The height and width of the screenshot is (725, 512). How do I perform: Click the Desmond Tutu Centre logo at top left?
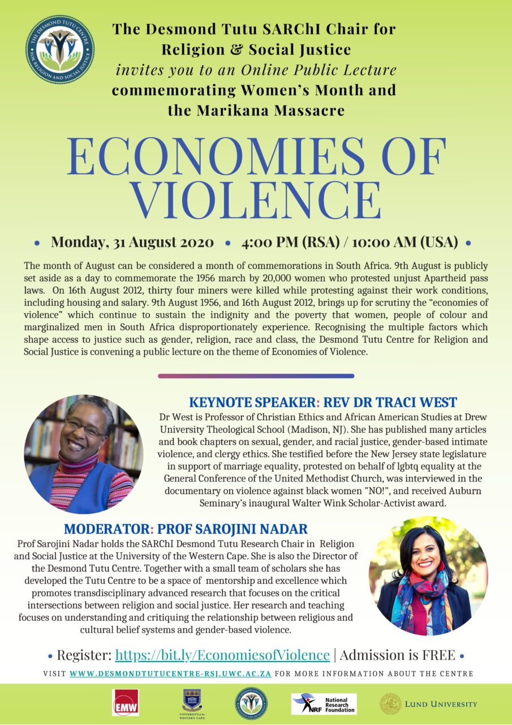pyautogui.click(x=60, y=50)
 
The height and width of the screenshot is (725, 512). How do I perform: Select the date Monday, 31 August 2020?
pyautogui.click(x=132, y=242)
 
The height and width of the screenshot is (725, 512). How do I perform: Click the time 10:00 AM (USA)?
pyautogui.click(x=405, y=242)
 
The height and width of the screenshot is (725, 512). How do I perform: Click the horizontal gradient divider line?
pyautogui.click(x=256, y=376)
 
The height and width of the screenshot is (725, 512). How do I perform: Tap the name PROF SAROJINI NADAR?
pyautogui.click(x=232, y=530)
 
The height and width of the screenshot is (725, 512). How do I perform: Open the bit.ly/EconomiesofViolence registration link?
pyautogui.click(x=222, y=655)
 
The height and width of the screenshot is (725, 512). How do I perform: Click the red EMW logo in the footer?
pyautogui.click(x=125, y=703)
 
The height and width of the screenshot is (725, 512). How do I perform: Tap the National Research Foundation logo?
pyautogui.click(x=324, y=703)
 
